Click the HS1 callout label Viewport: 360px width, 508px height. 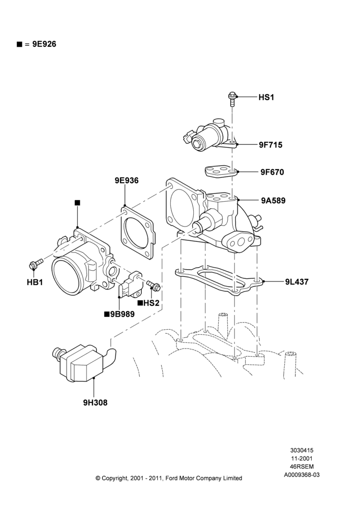click(266, 97)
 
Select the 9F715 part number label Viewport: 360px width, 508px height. click(271, 145)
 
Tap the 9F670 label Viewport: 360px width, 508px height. click(272, 172)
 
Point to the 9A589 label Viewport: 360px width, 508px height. click(273, 201)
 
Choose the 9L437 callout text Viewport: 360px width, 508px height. click(297, 281)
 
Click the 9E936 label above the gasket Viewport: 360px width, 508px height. click(127, 180)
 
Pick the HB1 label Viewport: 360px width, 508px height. click(35, 282)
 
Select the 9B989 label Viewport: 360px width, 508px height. click(122, 314)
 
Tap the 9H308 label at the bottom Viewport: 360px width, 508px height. click(95, 403)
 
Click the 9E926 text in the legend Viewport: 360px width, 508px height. click(44, 44)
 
